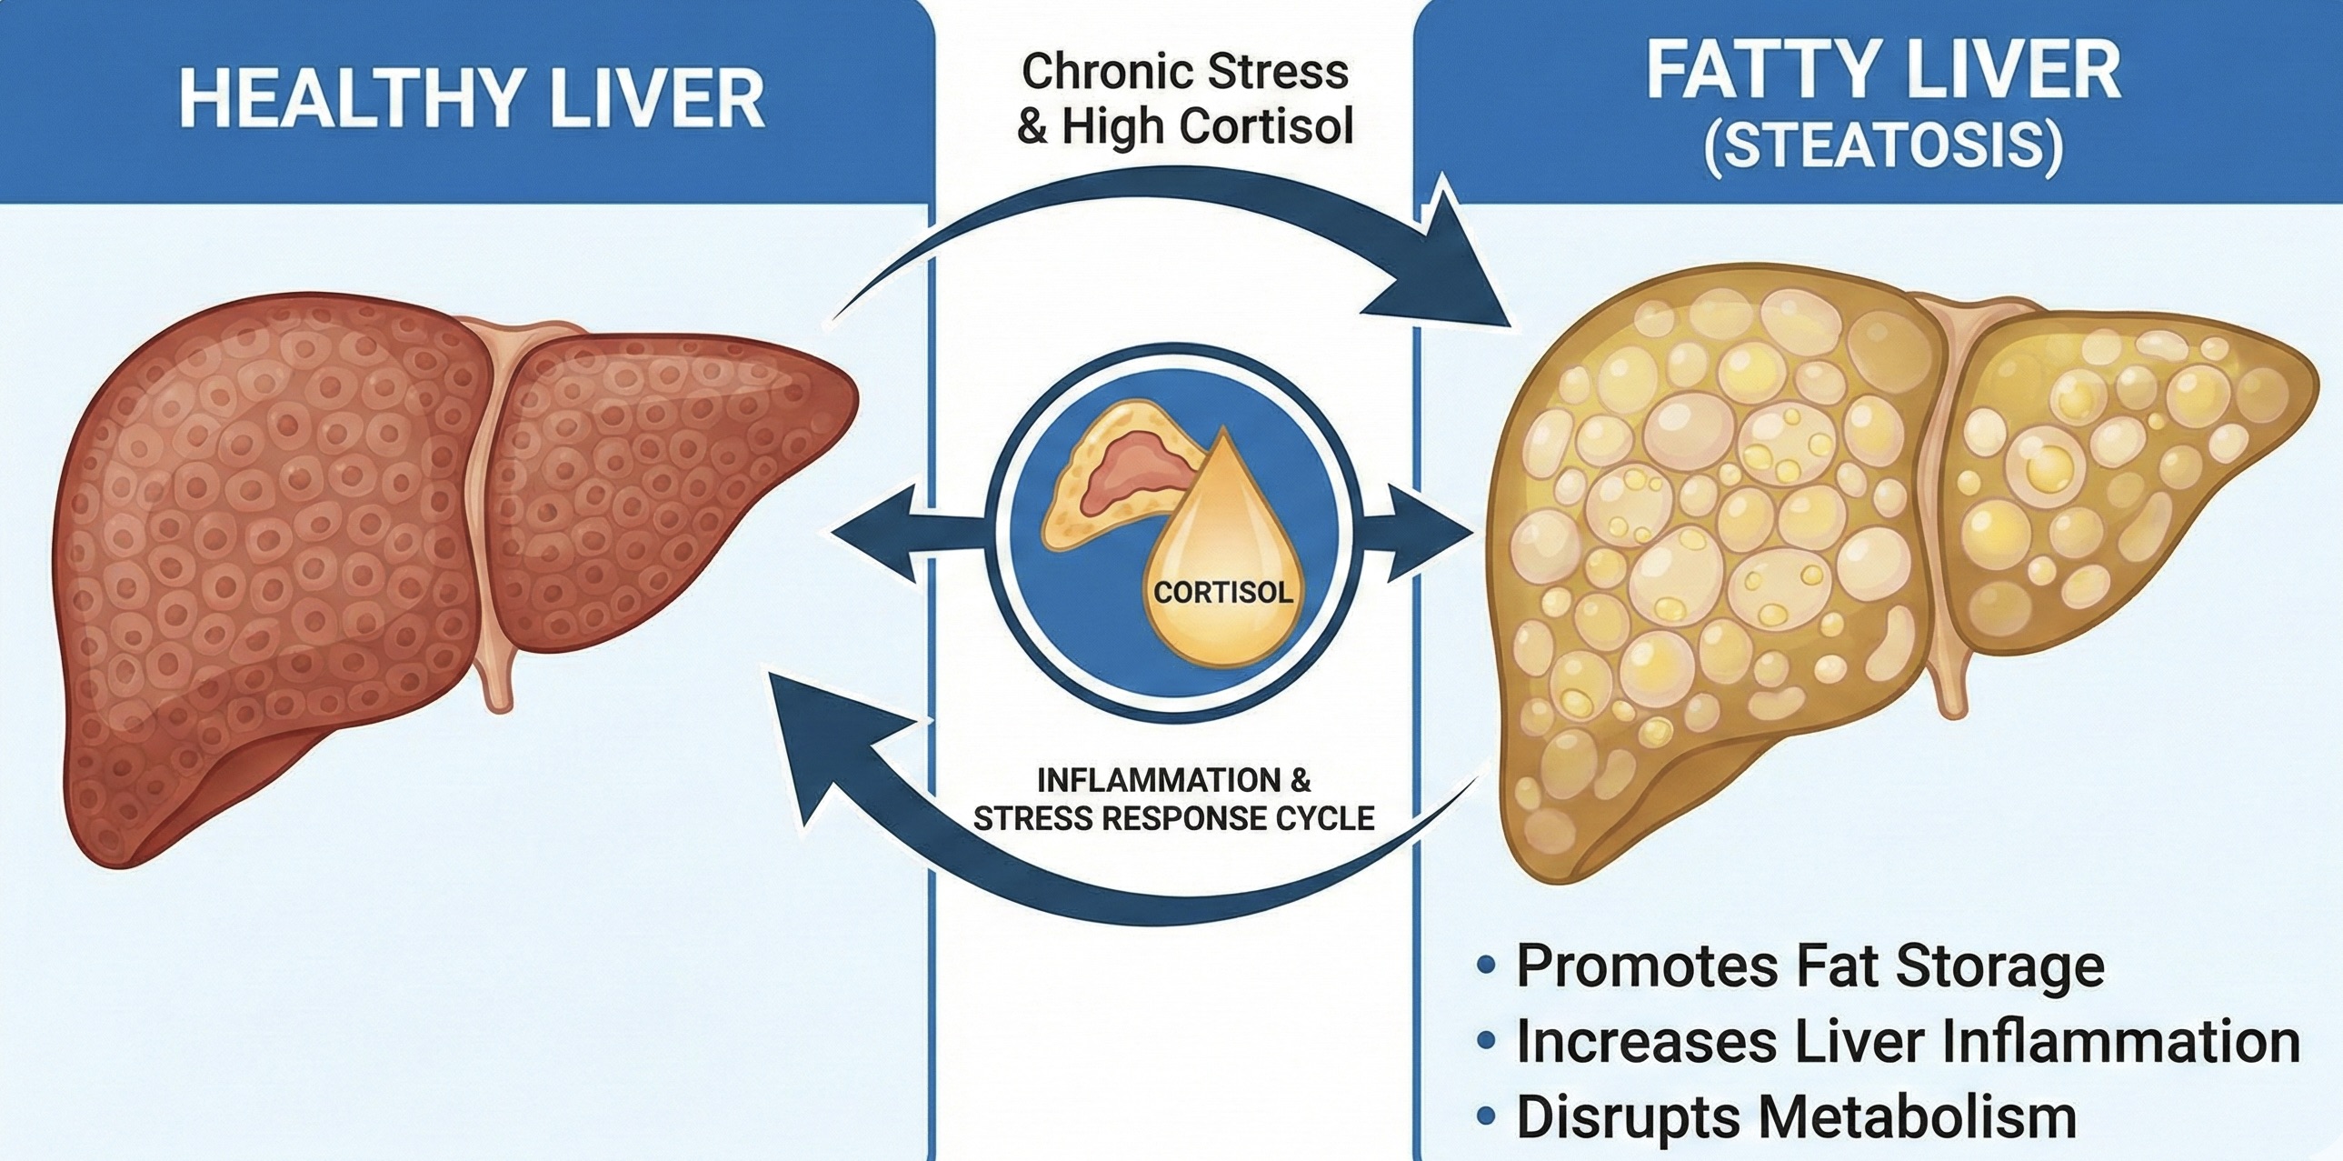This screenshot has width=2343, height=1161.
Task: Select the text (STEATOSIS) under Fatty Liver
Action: tap(1882, 146)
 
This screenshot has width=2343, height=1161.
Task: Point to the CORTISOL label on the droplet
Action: tap(1222, 593)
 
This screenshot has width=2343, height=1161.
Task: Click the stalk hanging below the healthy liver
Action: tap(497, 683)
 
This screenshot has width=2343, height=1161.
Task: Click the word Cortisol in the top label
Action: tap(1265, 127)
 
